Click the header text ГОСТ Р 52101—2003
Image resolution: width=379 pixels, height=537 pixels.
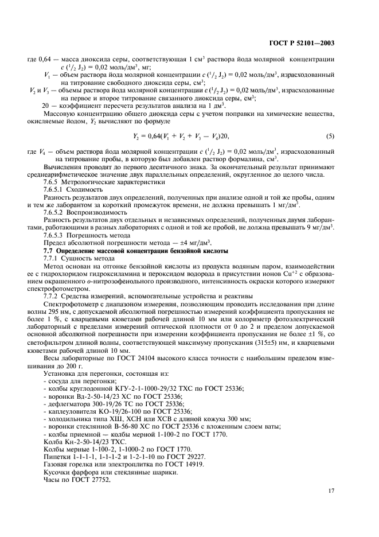click(x=306, y=43)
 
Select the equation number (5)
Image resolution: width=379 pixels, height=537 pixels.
click(x=330, y=136)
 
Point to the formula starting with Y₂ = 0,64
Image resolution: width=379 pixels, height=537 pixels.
click(x=185, y=136)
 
